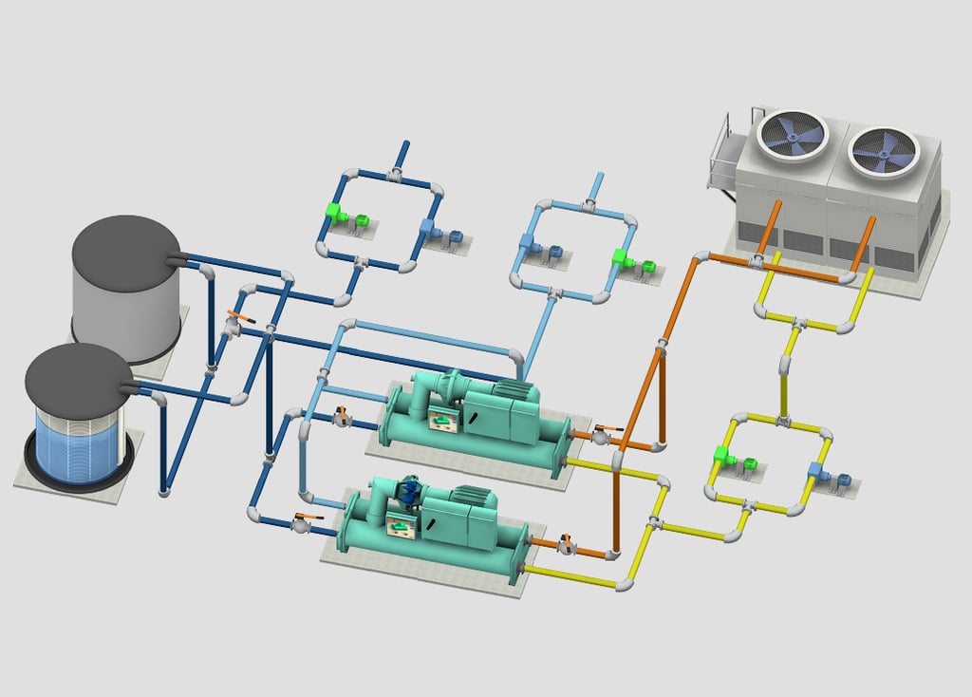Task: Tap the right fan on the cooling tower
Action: tap(883, 152)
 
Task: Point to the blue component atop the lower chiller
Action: tap(409, 490)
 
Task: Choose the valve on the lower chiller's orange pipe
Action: tap(566, 544)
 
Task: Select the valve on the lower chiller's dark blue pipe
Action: tap(302, 521)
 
